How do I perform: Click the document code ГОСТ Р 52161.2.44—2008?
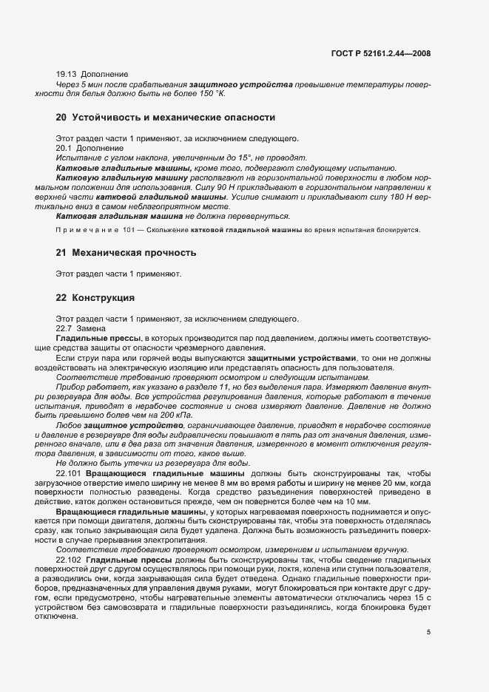click(x=381, y=53)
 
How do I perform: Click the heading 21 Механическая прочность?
click(x=126, y=253)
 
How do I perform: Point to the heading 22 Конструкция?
click(x=95, y=298)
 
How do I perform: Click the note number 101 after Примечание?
click(x=130, y=230)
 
